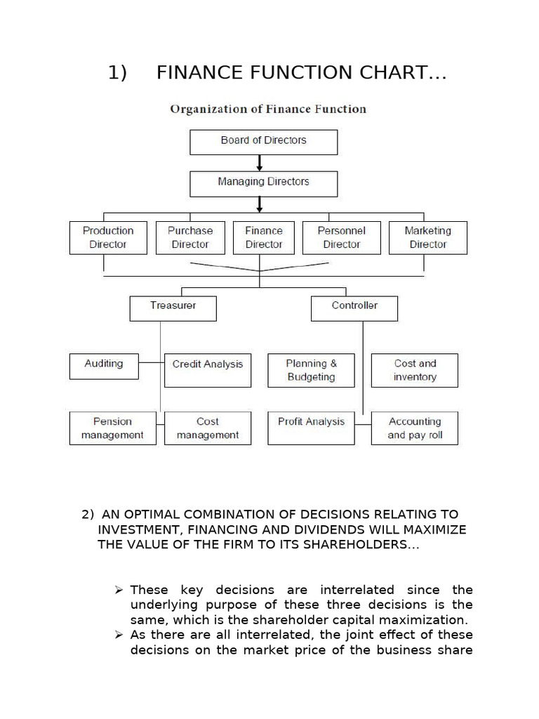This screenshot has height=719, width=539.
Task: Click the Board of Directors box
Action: (263, 141)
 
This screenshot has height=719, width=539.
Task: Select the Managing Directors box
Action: (263, 183)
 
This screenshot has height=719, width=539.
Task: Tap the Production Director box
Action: (108, 237)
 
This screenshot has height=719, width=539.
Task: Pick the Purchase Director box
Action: (189, 237)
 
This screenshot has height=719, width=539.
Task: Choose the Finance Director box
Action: (263, 237)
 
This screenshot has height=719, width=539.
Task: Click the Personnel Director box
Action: (342, 237)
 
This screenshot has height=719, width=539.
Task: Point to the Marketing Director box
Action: (427, 237)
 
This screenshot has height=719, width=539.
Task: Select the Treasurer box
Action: (173, 308)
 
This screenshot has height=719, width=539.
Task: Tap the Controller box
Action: (354, 308)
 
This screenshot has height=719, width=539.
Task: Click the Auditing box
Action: (104, 364)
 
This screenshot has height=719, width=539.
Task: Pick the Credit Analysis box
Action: (207, 369)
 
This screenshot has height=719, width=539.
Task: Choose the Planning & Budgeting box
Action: (311, 370)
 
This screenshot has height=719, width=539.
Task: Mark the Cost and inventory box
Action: (415, 370)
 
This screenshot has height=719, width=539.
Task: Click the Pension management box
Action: (112, 428)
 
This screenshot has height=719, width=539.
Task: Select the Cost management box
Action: (207, 428)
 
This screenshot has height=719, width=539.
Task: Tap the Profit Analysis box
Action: (311, 428)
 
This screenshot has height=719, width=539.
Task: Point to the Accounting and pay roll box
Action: (415, 428)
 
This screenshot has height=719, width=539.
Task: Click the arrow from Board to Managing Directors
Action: (260, 163)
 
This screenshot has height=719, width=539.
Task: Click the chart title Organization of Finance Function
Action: (268, 109)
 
